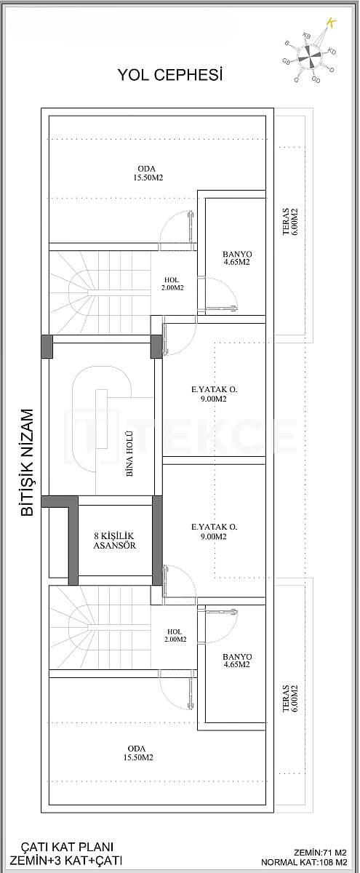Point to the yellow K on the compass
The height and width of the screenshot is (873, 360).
point(332,23)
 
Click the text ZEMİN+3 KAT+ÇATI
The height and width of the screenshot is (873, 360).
point(68,860)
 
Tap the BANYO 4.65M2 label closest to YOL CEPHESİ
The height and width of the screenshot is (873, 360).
point(236,258)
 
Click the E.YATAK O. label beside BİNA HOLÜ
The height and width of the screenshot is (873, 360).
point(215,394)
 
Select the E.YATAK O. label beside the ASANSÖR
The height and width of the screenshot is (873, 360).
point(215,532)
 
